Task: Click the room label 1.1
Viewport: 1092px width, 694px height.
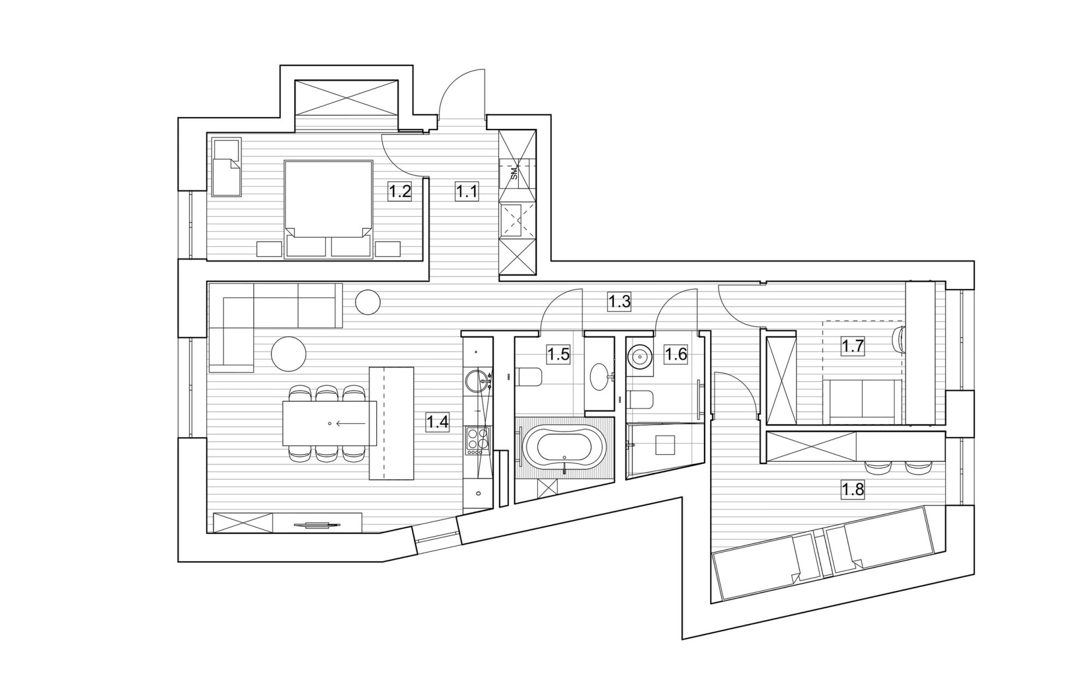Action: click(x=467, y=192)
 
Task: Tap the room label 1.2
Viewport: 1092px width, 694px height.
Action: click(x=399, y=192)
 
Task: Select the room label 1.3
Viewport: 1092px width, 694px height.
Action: click(x=620, y=302)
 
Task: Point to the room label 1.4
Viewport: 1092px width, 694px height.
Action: click(x=438, y=422)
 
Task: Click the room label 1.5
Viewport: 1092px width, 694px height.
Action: click(x=559, y=354)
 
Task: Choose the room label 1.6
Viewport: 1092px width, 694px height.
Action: click(x=675, y=354)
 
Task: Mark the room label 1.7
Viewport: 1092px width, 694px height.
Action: click(x=852, y=346)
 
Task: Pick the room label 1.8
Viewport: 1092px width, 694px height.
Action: click(x=852, y=490)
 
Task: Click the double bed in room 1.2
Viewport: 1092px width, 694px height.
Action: click(x=329, y=209)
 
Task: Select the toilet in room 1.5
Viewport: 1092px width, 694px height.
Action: click(x=528, y=377)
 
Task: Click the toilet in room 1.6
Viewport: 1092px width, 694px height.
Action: click(x=641, y=399)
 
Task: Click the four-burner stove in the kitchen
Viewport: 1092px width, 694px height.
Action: click(x=477, y=441)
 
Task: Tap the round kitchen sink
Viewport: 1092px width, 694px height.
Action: click(x=477, y=381)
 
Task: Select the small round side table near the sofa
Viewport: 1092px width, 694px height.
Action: click(x=367, y=302)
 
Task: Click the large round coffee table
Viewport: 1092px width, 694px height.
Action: click(x=289, y=352)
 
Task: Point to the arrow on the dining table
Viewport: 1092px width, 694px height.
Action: click(x=351, y=424)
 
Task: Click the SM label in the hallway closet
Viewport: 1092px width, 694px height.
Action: click(x=514, y=174)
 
